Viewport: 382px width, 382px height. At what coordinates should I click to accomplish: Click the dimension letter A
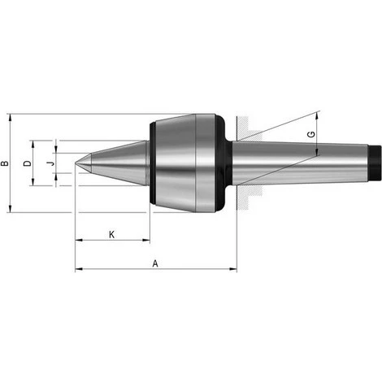coord(155,263)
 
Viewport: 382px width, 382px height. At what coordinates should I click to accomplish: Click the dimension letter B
coord(5,163)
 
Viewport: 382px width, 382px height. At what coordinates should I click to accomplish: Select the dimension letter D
coord(28,163)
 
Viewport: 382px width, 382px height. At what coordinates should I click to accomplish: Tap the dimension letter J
coord(50,163)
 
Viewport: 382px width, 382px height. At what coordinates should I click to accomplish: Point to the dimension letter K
coord(111,235)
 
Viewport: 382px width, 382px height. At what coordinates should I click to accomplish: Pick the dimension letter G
coord(312,134)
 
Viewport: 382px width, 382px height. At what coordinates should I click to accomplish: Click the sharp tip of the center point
coord(76,163)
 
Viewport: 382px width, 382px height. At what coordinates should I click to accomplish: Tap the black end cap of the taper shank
coord(375,163)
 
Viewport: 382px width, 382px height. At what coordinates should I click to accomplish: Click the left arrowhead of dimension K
coord(79,240)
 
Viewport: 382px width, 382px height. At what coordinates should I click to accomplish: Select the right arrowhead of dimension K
coord(146,240)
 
